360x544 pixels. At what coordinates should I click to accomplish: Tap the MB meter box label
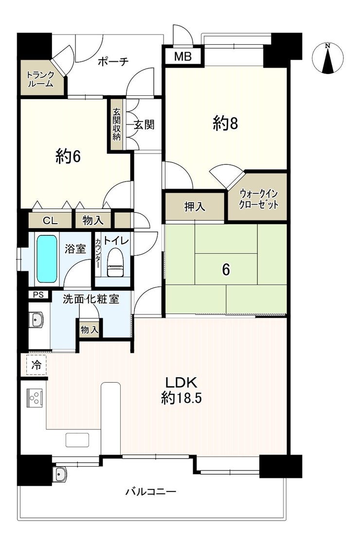(182, 56)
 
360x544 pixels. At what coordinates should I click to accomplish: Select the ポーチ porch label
(113, 61)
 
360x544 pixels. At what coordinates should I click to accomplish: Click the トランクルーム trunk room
(41, 79)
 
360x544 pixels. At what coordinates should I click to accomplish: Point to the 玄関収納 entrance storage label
(116, 124)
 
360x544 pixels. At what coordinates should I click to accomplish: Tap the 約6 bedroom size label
(68, 157)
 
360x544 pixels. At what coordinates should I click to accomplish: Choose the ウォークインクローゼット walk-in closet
(258, 198)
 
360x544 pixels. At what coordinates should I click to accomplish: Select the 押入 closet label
(195, 207)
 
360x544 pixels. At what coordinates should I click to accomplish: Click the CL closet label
(50, 221)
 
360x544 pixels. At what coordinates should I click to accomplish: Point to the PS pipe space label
(38, 295)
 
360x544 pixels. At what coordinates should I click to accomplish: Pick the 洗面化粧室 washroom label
(91, 298)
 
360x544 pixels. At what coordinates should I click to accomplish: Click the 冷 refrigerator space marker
(36, 365)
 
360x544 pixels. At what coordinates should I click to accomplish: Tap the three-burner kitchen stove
(35, 397)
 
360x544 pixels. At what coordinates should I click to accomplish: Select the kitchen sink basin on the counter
(77, 440)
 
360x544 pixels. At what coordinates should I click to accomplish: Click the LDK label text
(181, 382)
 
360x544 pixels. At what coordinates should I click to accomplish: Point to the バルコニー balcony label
(151, 491)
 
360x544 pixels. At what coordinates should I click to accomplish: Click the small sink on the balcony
(61, 474)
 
